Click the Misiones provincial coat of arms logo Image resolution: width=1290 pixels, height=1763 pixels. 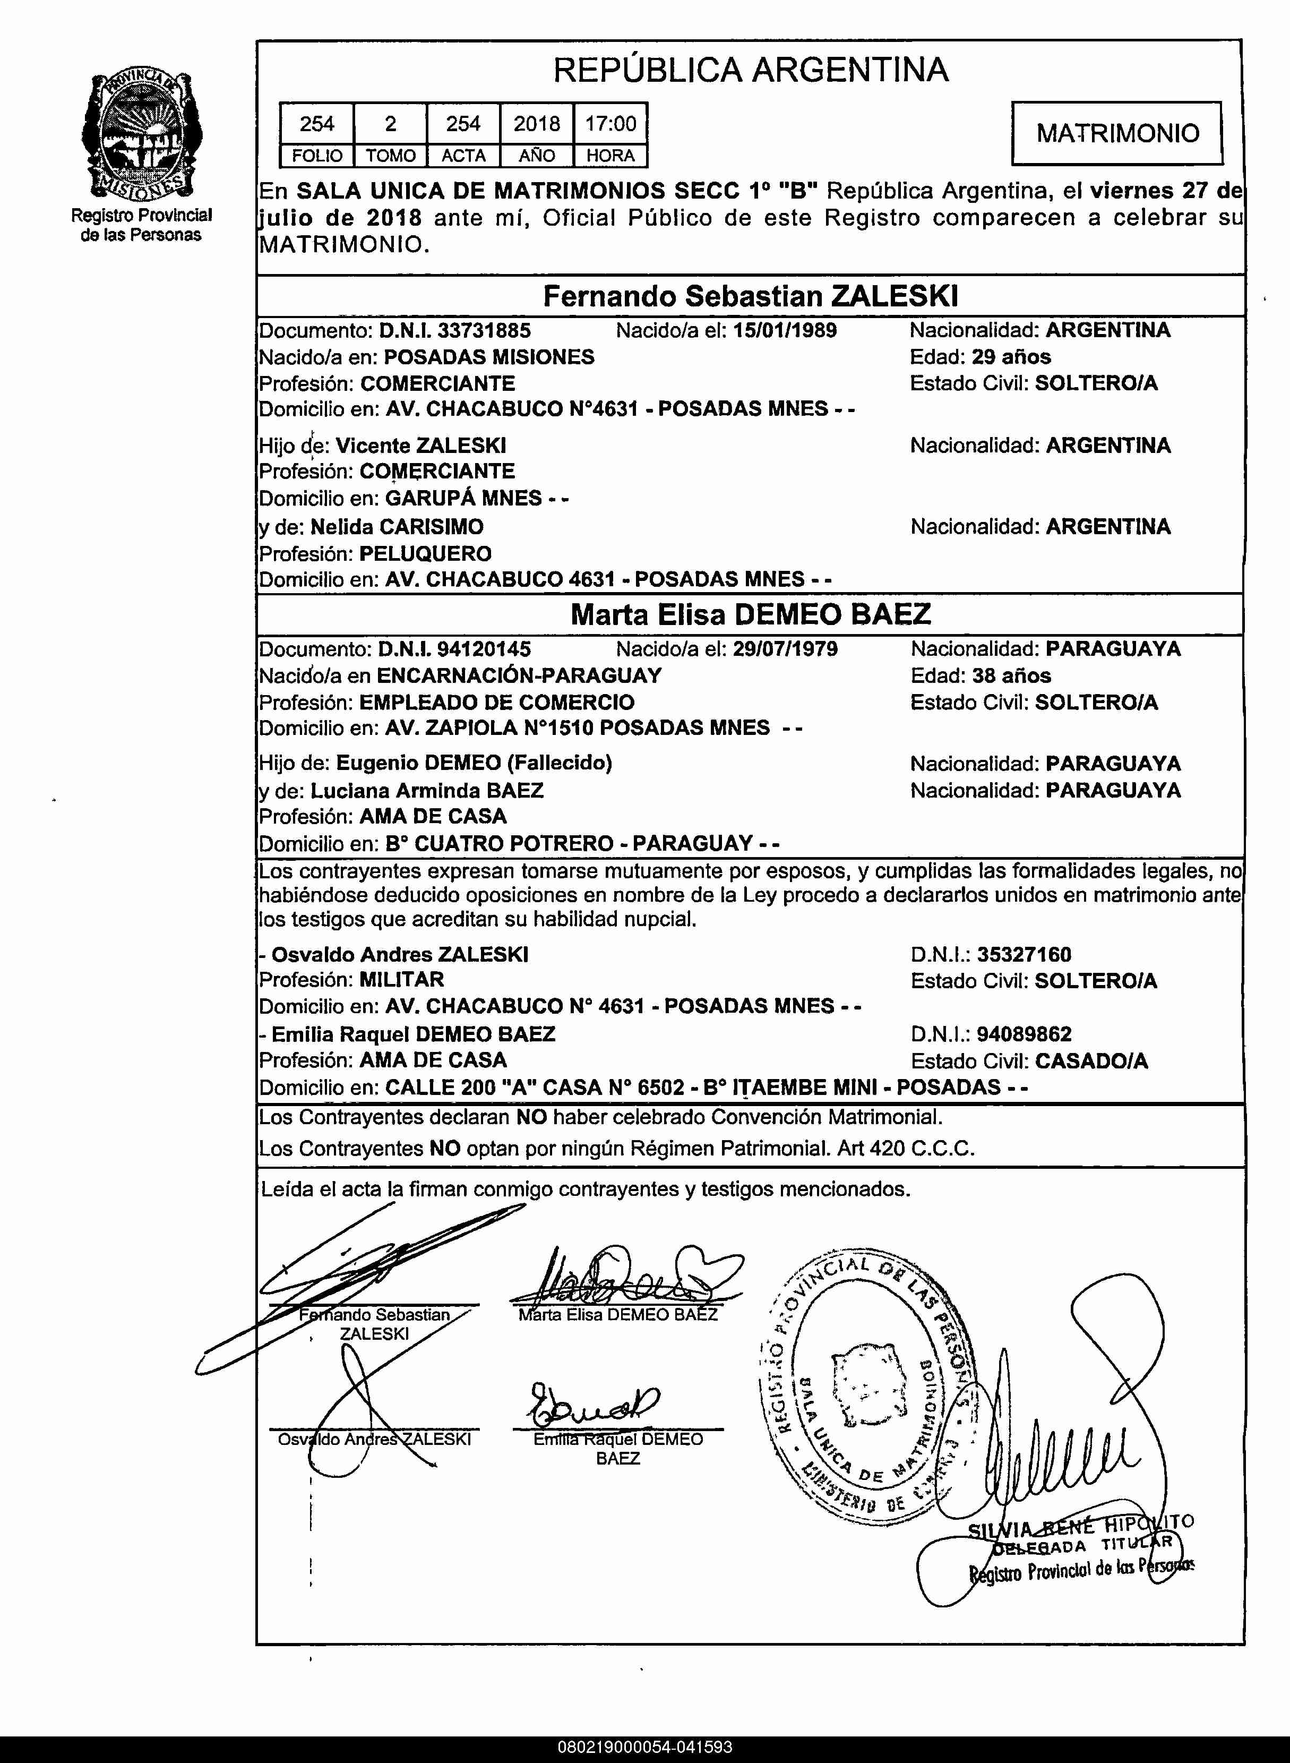click(x=141, y=134)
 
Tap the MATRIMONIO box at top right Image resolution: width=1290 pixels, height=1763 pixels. click(x=1116, y=133)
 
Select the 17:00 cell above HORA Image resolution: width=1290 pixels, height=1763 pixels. click(x=610, y=123)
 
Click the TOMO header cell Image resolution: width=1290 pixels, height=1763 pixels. click(x=390, y=156)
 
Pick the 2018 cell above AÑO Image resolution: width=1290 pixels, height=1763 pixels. click(x=537, y=123)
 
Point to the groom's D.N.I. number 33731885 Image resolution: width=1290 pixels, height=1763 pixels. click(x=484, y=330)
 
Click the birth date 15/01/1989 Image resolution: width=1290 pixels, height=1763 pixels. click(x=784, y=330)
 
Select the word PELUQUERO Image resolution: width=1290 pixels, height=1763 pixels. click(x=426, y=554)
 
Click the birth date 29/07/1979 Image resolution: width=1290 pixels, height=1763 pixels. click(x=785, y=649)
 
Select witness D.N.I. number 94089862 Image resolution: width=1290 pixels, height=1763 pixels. click(x=1024, y=1034)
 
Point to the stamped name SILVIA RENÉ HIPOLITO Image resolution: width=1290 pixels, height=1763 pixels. click(x=1081, y=1526)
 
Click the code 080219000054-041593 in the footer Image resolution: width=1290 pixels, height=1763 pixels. click(x=645, y=1747)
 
